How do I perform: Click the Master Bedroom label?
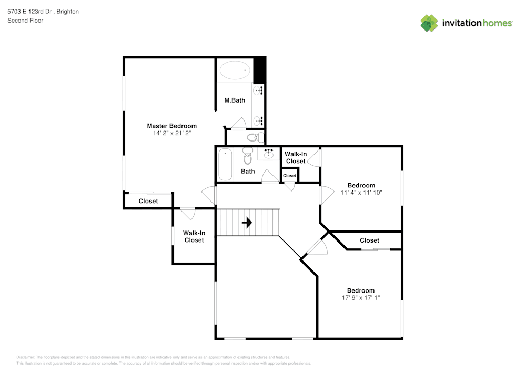pos(172,126)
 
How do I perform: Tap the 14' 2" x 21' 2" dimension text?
pos(172,133)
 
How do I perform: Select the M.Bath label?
pos(235,100)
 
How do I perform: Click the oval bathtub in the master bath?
pos(235,70)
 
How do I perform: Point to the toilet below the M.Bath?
pos(255,137)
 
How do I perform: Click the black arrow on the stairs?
pos(247,223)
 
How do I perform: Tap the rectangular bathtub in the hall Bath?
pos(225,165)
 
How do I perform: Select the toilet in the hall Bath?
pos(248,156)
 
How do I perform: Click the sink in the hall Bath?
pos(268,154)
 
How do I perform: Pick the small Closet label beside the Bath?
pos(289,176)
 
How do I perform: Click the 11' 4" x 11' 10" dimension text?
pos(361,193)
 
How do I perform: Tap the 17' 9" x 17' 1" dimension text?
pos(361,297)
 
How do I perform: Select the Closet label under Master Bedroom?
pos(148,202)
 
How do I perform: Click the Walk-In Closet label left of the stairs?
pos(194,236)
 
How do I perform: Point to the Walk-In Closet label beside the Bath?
pos(296,158)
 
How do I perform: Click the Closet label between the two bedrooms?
pos(369,240)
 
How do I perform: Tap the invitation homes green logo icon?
pos(429,23)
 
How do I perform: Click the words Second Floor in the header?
pos(25,21)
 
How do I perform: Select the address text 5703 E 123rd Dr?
pos(29,12)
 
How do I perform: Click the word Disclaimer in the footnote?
pos(25,357)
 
